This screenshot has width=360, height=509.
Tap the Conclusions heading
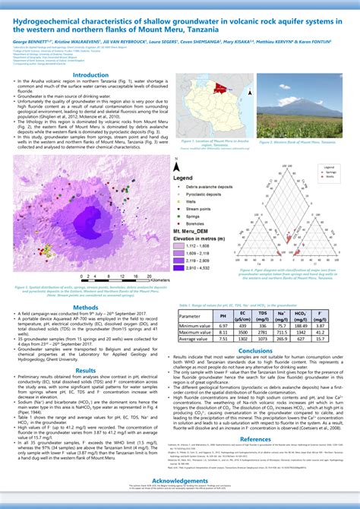point(255,351)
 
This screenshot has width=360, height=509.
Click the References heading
point(255,438)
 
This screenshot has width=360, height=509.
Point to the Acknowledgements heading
point(180,481)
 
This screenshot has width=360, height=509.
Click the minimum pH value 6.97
point(223,324)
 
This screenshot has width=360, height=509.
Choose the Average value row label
point(194,339)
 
